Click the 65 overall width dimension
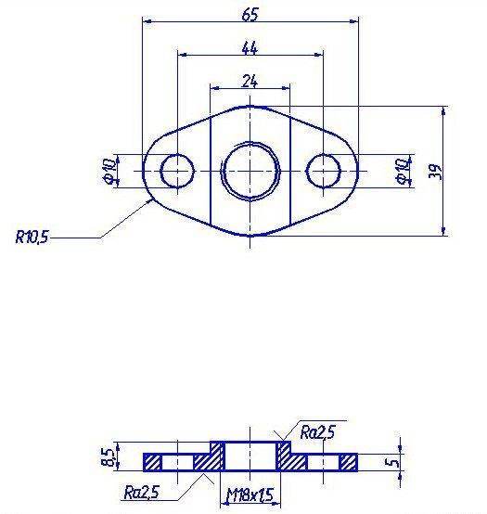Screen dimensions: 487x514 click(250, 15)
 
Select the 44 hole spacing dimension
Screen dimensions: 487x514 click(250, 48)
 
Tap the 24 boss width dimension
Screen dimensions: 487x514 click(250, 82)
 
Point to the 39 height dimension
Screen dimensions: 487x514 click(436, 171)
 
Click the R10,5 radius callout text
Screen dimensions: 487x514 click(32, 237)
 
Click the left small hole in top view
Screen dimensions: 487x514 click(177, 171)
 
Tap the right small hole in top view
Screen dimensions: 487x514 click(324, 171)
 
